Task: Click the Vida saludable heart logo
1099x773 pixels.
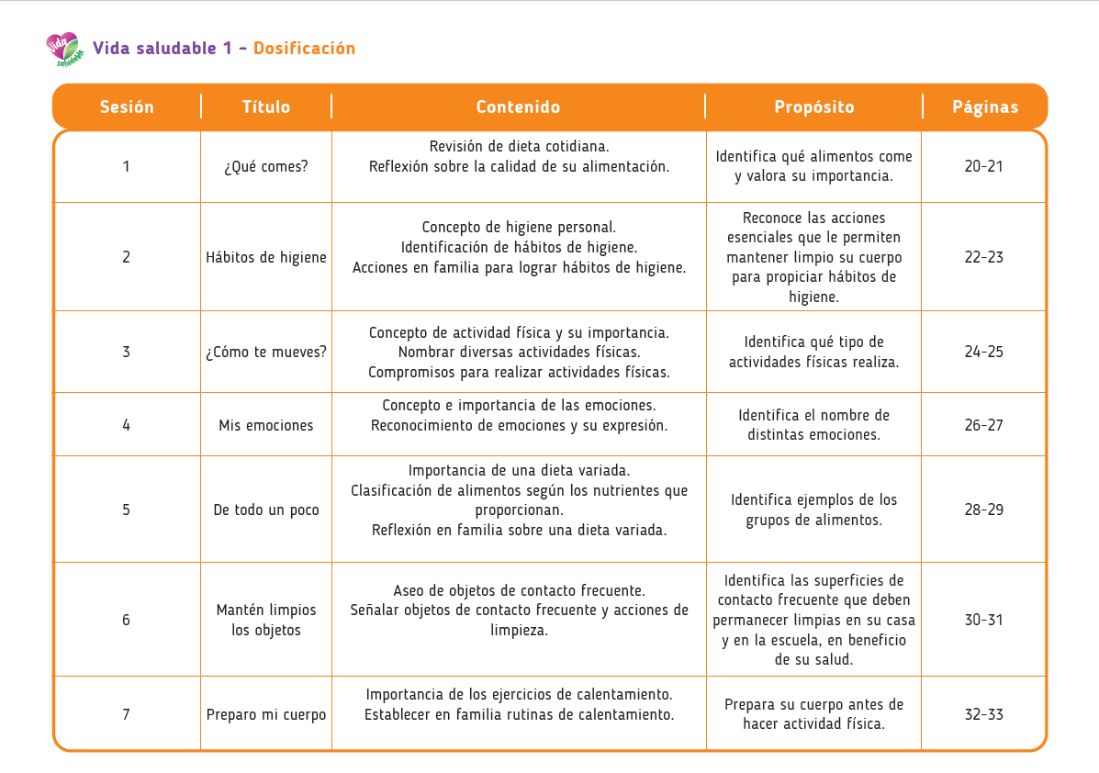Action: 63,50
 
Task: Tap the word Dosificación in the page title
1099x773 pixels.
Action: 304,49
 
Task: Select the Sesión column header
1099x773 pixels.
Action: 127,106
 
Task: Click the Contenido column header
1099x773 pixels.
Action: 518,106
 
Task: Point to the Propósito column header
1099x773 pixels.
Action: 813,106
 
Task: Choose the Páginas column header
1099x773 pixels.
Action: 984,106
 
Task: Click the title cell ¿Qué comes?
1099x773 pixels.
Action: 266,166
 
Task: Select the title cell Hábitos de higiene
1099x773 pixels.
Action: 266,257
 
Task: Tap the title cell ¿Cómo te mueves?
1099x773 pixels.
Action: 266,352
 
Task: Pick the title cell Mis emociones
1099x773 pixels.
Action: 266,425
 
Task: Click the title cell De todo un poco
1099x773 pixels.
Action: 266,510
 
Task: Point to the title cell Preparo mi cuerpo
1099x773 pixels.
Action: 266,714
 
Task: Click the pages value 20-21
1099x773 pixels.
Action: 984,166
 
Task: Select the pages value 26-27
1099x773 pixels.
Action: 984,425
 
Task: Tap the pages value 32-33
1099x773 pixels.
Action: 984,714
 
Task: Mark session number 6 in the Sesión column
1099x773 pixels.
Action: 127,620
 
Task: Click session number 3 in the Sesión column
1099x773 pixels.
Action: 127,352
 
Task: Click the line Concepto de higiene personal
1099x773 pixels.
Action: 519,227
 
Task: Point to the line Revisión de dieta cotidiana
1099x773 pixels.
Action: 519,146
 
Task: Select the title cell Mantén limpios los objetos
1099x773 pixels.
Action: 266,620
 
